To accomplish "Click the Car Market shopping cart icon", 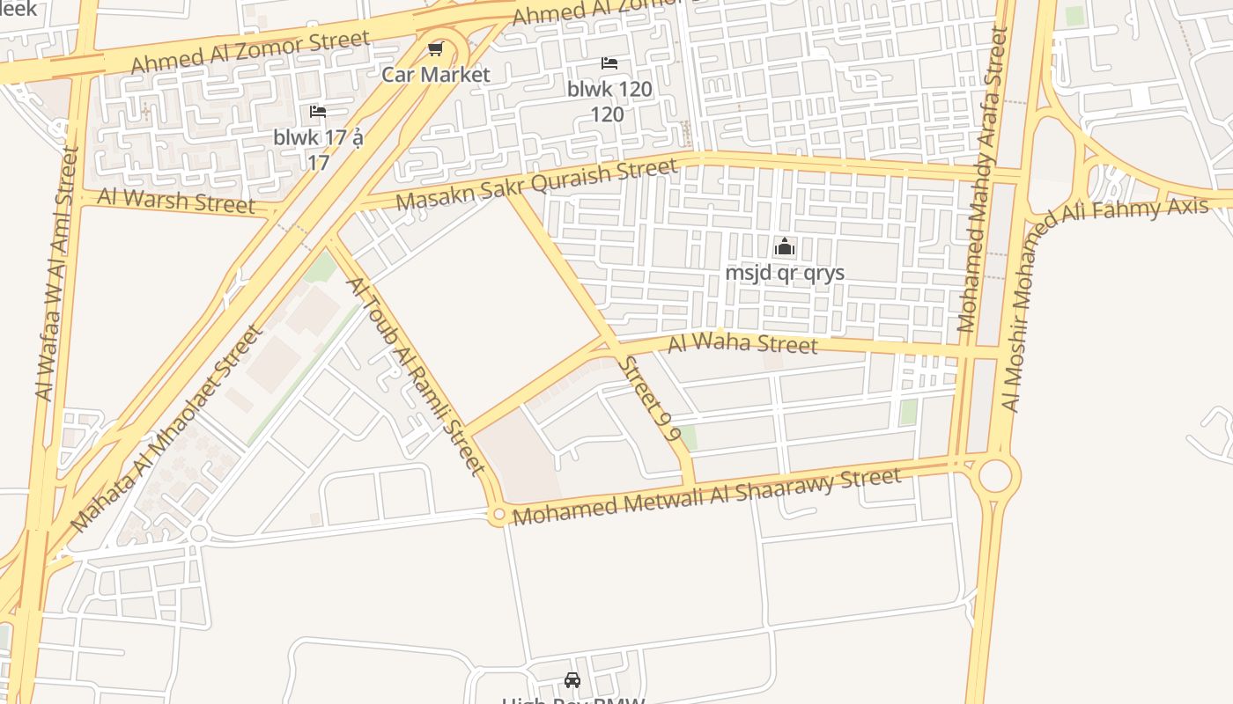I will pos(435,48).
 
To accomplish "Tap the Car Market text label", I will pos(435,74).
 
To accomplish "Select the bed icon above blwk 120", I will pos(609,63).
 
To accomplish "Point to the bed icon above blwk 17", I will pos(318,112).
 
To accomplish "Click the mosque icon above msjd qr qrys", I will pos(785,247).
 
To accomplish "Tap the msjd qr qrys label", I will pos(785,273).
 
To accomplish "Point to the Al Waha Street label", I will pos(742,342).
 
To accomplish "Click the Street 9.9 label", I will pos(649,399).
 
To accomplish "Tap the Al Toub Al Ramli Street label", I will pos(416,375).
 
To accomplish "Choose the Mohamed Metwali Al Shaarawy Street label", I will pos(706,496).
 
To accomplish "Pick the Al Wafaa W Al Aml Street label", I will pos(56,273).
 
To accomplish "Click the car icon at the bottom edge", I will pos(572,680).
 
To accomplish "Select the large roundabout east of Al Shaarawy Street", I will pos(994,475).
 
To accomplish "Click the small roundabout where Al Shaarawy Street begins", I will pos(498,514).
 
